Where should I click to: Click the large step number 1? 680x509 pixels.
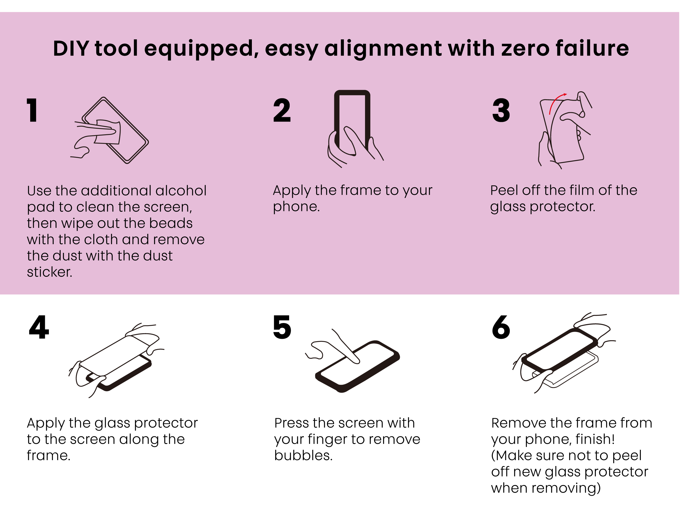[32, 110]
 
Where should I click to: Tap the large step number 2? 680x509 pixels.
[282, 110]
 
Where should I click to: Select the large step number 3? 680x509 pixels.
[501, 110]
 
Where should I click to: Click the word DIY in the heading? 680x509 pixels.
[71, 49]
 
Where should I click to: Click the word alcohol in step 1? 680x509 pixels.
[181, 191]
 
